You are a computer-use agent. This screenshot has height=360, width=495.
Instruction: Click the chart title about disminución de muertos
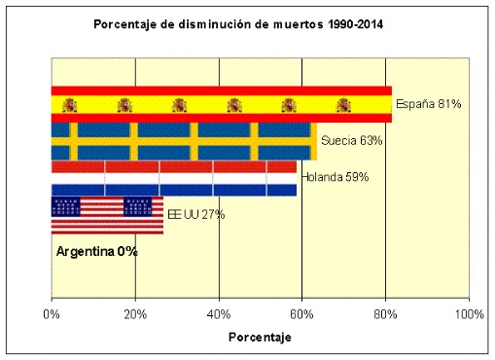238,23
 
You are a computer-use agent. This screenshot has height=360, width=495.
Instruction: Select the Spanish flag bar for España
221,104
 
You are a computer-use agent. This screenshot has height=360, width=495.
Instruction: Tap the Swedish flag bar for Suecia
183,141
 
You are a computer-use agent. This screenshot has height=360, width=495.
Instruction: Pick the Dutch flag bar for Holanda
173,178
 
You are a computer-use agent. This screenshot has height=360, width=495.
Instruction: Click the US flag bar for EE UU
107,215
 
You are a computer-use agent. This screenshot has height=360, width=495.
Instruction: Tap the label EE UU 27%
196,215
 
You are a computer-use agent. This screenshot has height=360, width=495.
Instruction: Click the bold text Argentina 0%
96,251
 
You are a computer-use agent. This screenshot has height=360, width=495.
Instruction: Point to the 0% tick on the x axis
53,315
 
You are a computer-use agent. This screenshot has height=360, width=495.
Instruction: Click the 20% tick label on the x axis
135,315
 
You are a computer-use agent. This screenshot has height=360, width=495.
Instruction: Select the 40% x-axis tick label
219,315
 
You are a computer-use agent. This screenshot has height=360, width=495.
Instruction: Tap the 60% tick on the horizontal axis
302,315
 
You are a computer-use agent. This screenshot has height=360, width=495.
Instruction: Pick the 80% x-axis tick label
386,315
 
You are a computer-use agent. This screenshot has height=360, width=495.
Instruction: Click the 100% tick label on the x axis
468,315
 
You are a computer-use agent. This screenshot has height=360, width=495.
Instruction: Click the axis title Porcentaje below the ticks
260,338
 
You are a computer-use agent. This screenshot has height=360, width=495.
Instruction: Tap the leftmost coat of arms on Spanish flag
70,105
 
